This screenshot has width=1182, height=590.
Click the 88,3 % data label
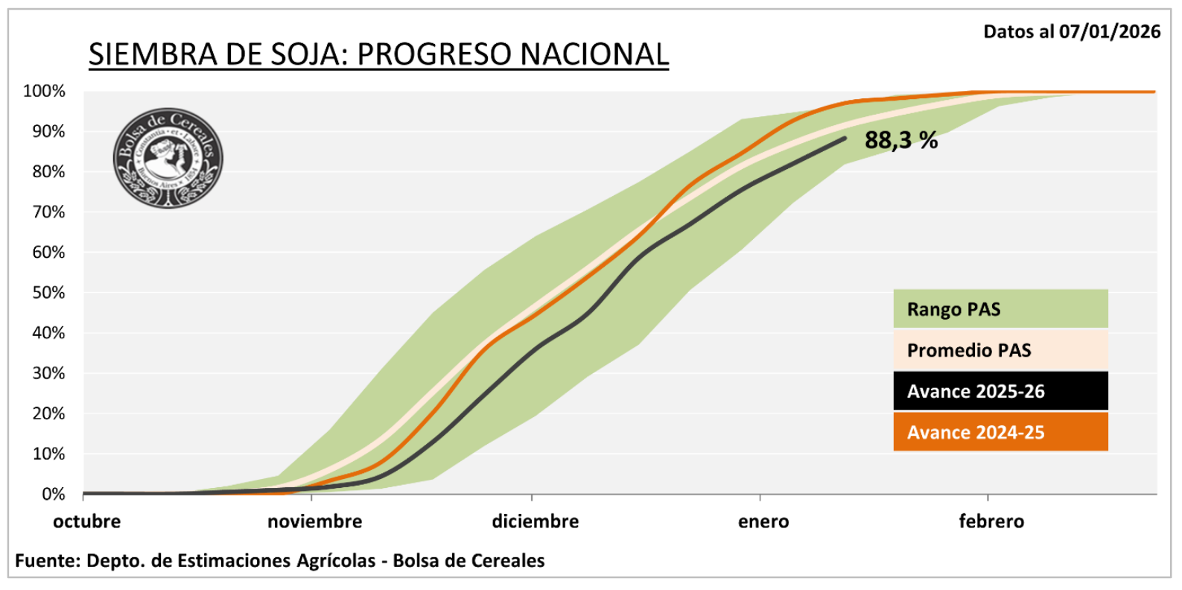(x=900, y=140)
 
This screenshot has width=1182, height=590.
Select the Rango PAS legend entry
(x=1000, y=309)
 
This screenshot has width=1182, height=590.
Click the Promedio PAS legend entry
(x=1000, y=350)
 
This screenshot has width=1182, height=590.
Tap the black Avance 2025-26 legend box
(x=1000, y=391)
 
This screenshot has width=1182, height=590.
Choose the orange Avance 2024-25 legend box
(x=1000, y=432)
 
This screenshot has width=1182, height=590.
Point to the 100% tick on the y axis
(x=45, y=92)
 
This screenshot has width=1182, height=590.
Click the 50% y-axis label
(x=48, y=293)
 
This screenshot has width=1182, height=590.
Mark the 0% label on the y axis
(x=53, y=494)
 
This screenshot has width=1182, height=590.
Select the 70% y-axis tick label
(x=48, y=212)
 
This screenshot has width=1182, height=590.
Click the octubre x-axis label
(x=86, y=521)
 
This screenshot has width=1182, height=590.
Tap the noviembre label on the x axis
(x=314, y=521)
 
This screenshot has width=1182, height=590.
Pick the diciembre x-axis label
(x=535, y=521)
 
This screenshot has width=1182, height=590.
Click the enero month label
(x=763, y=521)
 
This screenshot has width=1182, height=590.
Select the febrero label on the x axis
(x=991, y=521)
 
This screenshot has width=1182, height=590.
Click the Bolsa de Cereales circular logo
(x=168, y=158)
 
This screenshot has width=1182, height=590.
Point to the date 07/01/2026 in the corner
(x=1110, y=31)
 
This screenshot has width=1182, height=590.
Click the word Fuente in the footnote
(x=46, y=560)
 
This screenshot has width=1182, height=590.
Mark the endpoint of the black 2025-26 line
(x=845, y=138)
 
